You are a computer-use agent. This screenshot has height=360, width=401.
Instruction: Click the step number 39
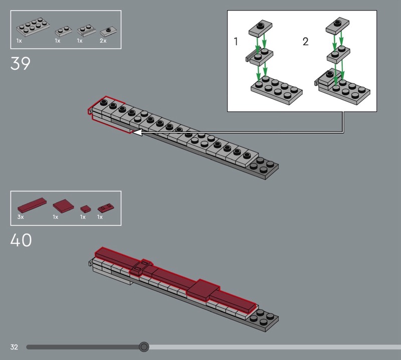[x=20, y=64]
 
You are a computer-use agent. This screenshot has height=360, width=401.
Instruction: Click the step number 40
[x=21, y=240]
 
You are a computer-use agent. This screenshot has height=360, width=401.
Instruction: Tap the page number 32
[x=14, y=347]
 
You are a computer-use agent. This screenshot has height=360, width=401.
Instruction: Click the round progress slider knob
[x=144, y=347]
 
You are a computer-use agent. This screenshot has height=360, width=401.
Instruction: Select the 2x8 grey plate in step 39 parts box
[x=33, y=27]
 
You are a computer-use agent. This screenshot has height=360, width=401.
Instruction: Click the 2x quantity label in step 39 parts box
[x=103, y=41]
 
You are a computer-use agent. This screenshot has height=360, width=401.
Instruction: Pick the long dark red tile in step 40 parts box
[x=32, y=205]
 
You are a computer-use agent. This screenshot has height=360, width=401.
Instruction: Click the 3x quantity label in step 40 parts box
[x=21, y=217]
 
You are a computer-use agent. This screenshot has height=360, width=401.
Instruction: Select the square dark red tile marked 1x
[x=64, y=206]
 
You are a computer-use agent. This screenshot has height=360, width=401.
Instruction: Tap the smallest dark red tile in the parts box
[x=86, y=209]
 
